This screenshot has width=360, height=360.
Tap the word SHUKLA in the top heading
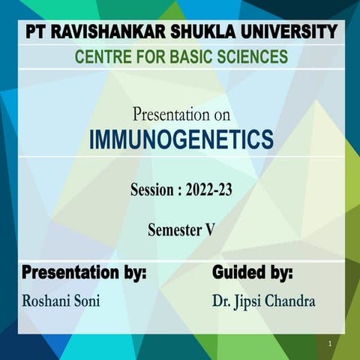coord(190,32)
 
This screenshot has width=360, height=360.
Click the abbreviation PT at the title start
coord(35,32)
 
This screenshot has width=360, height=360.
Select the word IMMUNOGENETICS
coord(181,139)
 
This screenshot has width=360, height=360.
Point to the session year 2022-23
coord(208,190)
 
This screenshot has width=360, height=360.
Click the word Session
coord(152,190)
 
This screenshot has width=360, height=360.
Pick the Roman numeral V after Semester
coord(210,230)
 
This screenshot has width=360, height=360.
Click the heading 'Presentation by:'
coord(83,271)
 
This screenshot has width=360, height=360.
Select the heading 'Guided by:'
coord(252,271)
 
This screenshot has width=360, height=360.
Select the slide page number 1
coord(329,343)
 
